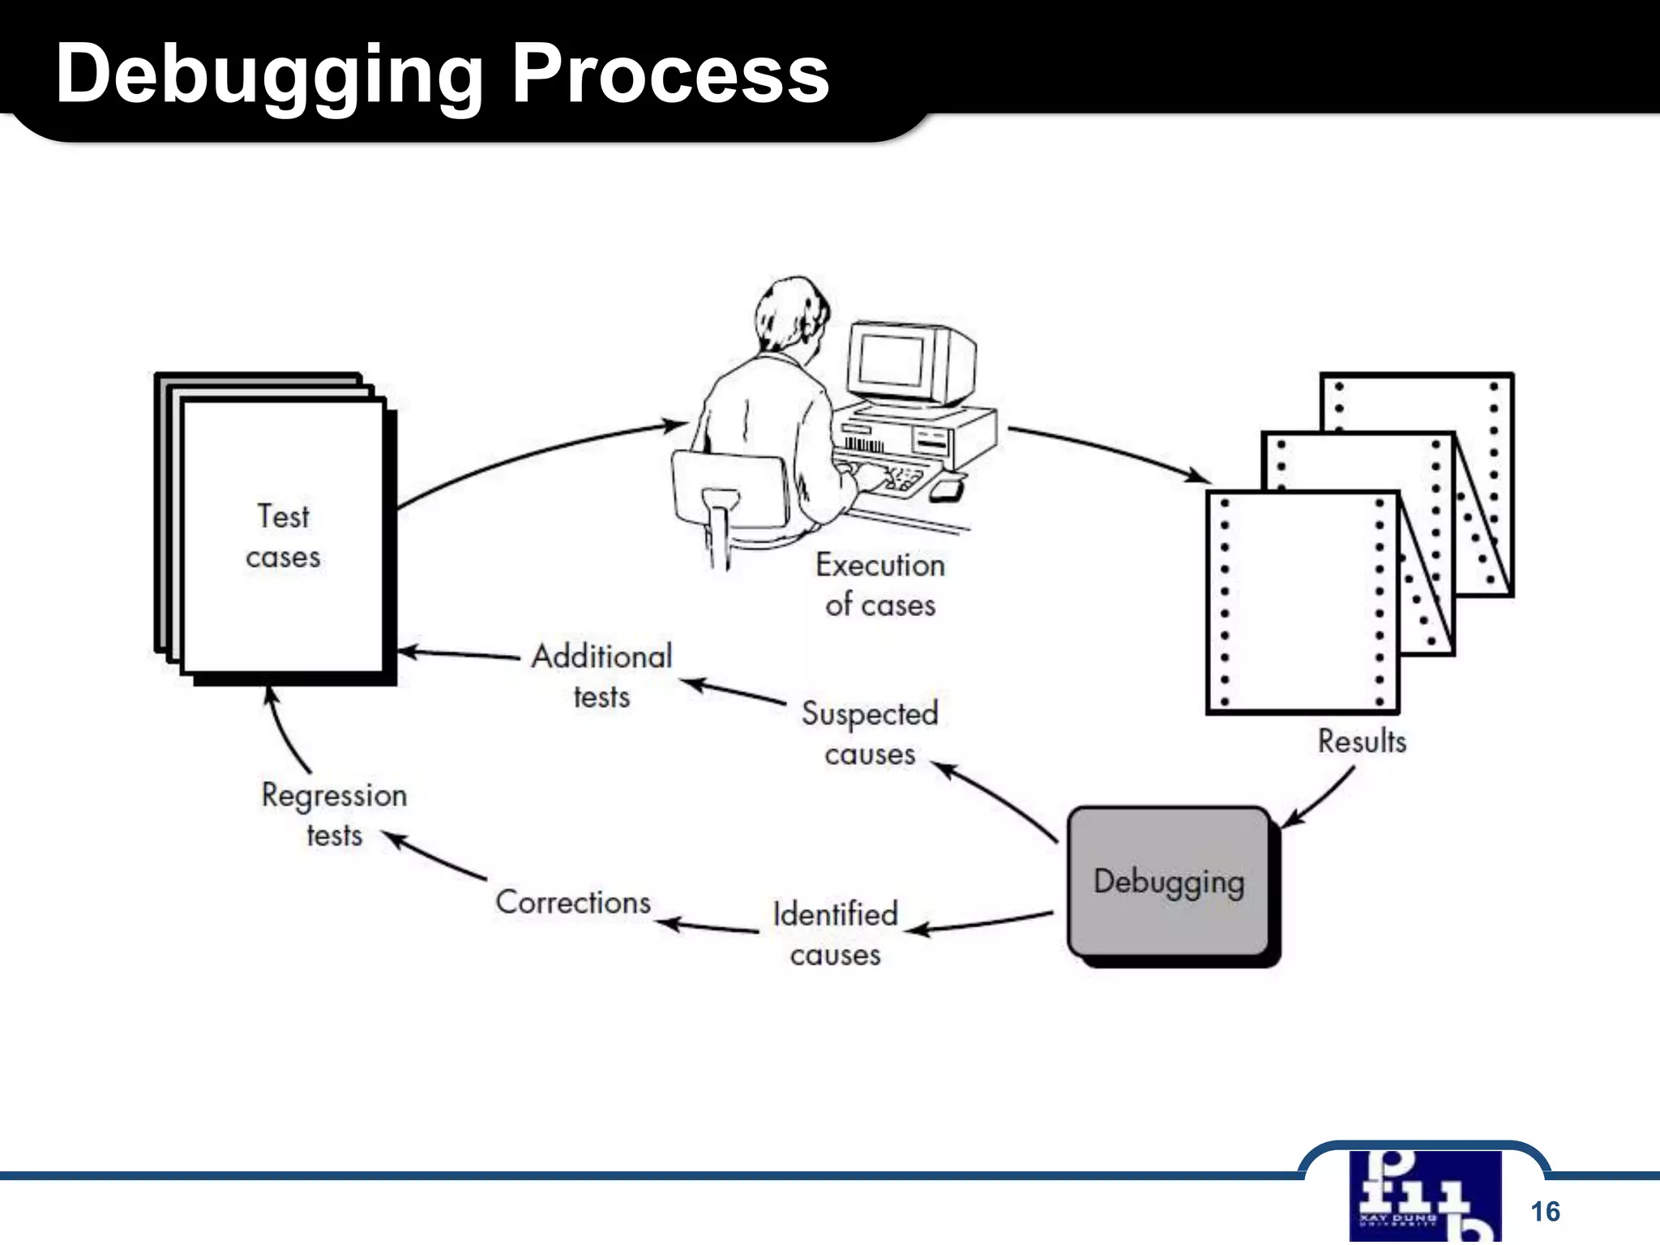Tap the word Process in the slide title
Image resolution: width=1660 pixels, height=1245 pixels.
click(x=670, y=74)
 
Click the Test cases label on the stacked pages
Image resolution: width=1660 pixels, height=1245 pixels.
click(x=283, y=537)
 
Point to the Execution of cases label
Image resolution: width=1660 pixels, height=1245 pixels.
click(x=880, y=584)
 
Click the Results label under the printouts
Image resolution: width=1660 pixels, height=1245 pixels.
click(x=1362, y=741)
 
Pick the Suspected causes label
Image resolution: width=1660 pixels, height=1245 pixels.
click(x=870, y=733)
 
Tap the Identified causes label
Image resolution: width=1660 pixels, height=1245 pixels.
click(x=836, y=934)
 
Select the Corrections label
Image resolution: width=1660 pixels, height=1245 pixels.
click(x=573, y=902)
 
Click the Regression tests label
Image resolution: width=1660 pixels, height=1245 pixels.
click(x=334, y=815)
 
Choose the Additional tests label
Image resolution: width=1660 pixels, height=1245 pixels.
click(x=601, y=676)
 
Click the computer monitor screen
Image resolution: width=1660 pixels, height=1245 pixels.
click(x=891, y=360)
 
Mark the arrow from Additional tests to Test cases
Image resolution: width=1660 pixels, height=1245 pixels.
click(x=458, y=653)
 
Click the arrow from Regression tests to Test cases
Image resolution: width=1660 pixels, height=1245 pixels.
click(x=284, y=729)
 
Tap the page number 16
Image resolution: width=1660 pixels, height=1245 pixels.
click(x=1545, y=1211)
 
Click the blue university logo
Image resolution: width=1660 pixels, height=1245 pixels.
click(x=1424, y=1196)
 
